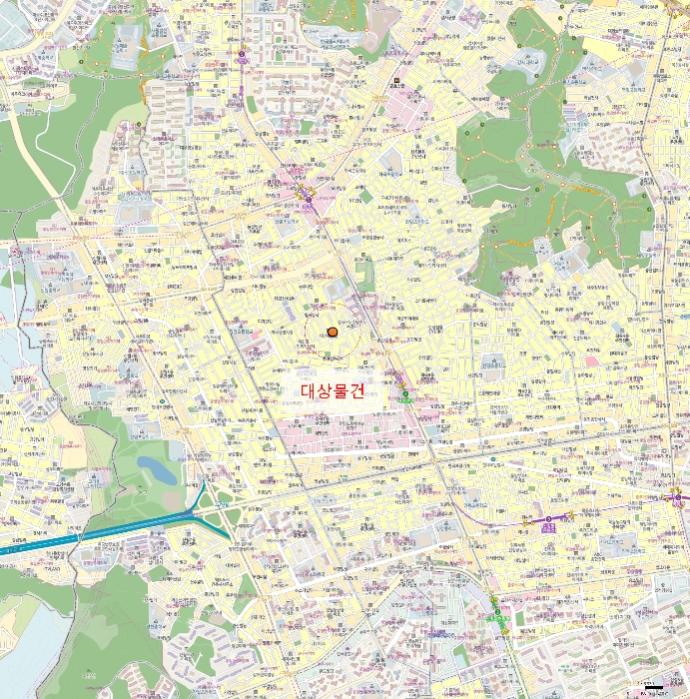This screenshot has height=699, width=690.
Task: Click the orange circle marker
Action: pyautogui.click(x=333, y=333)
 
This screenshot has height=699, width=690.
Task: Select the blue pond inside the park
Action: pyautogui.click(x=156, y=468)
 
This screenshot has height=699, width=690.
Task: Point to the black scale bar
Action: pyautogui.click(x=655, y=688)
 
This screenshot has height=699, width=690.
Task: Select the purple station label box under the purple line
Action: pyautogui.click(x=548, y=526)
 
